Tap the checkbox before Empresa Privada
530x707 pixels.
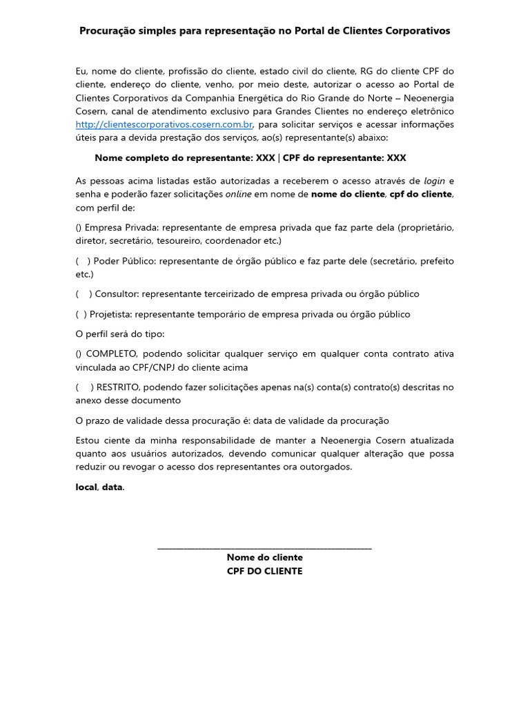79,227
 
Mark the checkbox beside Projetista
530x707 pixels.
81,314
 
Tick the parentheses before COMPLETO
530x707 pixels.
79,354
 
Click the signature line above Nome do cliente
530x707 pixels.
264,548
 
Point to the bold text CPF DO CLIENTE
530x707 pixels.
264,571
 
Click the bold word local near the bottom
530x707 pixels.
86,487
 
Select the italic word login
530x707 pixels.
435,181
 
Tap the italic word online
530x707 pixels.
238,194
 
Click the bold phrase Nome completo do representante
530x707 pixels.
173,158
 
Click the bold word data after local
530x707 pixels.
112,487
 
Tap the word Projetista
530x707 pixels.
110,314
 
